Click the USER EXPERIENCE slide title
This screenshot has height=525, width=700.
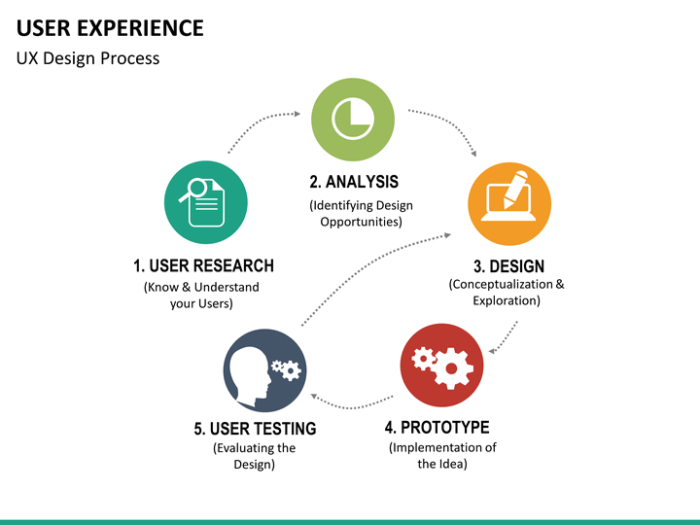[x=110, y=27]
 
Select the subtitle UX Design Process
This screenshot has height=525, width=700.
[x=87, y=58]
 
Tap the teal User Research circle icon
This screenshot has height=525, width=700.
[x=206, y=202]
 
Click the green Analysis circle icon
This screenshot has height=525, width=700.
[x=353, y=120]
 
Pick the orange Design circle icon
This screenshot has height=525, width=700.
[x=509, y=204]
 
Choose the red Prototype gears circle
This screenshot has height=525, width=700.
[x=442, y=365]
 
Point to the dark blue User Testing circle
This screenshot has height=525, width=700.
[x=265, y=370]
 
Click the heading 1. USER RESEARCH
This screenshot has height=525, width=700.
[x=203, y=265]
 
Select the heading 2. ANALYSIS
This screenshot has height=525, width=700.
[x=354, y=182]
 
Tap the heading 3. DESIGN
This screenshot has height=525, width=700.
[x=508, y=266]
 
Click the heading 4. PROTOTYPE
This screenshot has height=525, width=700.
[x=437, y=427]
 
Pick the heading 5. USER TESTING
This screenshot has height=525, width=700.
[x=255, y=428]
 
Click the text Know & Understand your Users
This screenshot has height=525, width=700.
[x=201, y=295]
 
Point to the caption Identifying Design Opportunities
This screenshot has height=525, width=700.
[x=361, y=213]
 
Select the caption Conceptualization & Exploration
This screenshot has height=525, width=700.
[x=507, y=293]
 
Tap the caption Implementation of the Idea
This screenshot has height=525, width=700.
[x=442, y=455]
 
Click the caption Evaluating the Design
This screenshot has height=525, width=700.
[x=254, y=456]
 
